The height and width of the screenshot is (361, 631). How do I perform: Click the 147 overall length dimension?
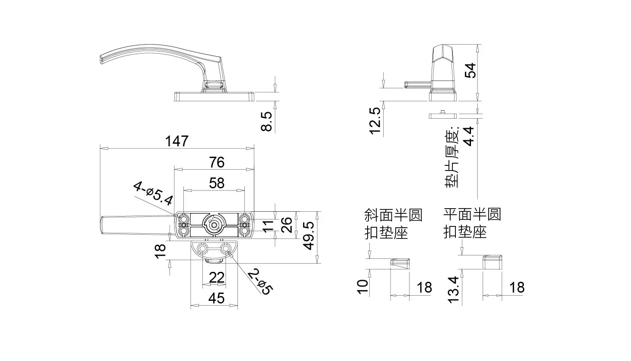coord(176,141)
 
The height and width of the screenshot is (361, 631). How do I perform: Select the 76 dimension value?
coord(217,162)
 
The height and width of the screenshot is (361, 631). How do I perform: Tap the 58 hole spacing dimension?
coord(217,183)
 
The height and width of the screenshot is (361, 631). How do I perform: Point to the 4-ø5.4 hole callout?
coord(153,194)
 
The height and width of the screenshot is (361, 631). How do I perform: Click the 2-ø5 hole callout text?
coord(260,282)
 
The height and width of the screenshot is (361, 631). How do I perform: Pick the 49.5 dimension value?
coord(309,236)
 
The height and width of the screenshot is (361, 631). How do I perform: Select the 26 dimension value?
coord(287,225)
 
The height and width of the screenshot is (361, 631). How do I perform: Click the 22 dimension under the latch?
coord(217,277)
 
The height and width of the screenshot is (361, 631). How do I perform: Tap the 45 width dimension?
coord(217,298)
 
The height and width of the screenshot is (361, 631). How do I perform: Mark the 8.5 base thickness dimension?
coord(266,122)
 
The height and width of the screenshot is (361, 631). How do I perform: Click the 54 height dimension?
coord(470,71)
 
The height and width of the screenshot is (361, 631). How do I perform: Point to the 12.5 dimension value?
coord(375,121)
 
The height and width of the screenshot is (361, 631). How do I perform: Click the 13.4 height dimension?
coord(454,290)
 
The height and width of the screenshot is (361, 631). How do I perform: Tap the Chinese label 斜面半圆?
coord(393,215)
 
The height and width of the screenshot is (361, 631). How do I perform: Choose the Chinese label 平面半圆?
coord(472,214)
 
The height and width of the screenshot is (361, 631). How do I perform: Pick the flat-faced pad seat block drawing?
coord(493,262)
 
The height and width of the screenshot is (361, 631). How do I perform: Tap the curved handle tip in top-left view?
coord(102,60)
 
